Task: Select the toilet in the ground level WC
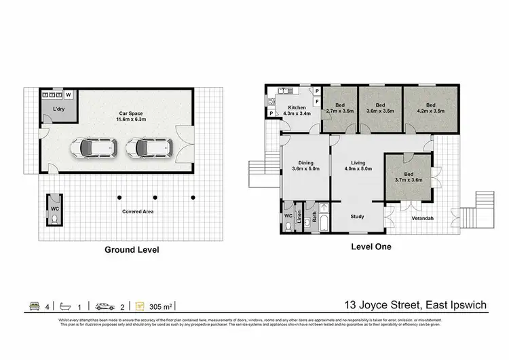(54, 219)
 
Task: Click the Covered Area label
(137, 211)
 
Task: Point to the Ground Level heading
(132, 249)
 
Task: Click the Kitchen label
(297, 108)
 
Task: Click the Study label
(357, 217)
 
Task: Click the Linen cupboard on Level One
(299, 219)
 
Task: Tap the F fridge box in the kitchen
(316, 101)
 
